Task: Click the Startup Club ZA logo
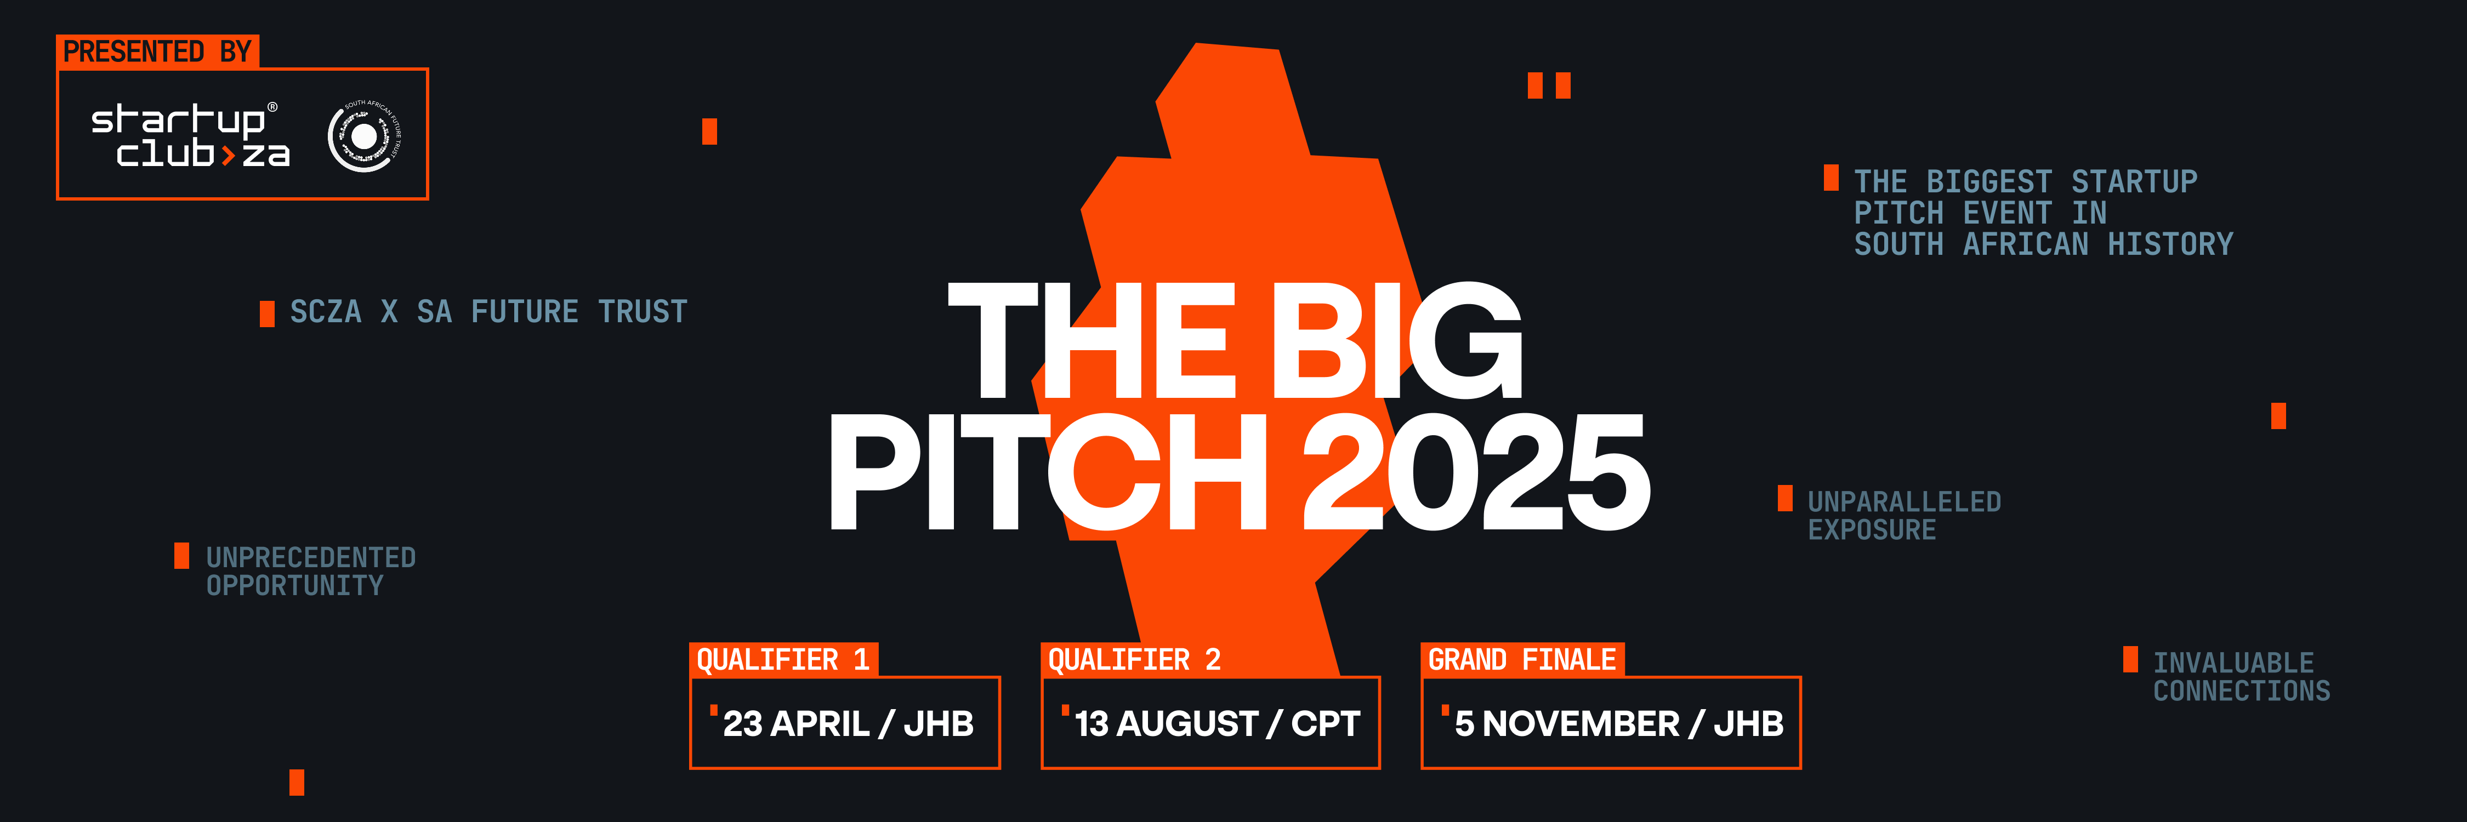pos(190,136)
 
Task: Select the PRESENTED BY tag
pos(157,52)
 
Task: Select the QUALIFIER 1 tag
pos(782,659)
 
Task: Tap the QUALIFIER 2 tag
pos(1134,659)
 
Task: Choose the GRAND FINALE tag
pos(1522,659)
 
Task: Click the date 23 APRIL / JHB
pos(848,723)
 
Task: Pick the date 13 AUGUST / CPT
pos(1217,723)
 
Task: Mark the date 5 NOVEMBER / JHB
pos(1618,723)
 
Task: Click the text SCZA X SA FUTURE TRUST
pos(488,312)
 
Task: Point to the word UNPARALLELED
pos(1904,501)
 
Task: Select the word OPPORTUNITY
pos(295,586)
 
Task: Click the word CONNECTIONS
pos(2241,691)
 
